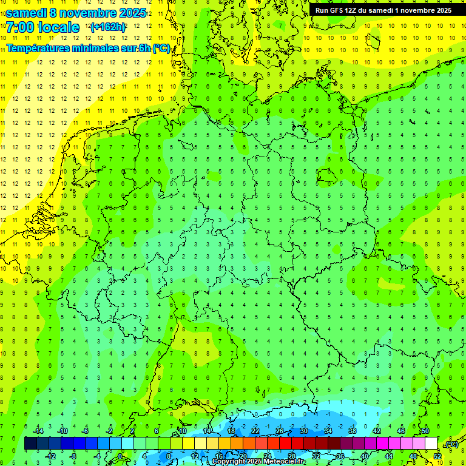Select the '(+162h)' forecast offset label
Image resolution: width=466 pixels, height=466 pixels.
coord(108,27)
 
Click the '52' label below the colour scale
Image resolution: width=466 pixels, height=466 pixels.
coord(437,456)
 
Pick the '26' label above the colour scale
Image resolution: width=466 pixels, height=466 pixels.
coord(280,431)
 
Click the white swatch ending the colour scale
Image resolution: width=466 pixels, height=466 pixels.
coord(431,444)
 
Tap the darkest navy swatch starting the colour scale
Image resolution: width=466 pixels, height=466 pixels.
coord(31,444)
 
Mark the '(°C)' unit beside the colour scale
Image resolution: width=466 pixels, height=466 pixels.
coord(451,444)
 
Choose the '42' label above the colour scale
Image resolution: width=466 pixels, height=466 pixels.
coord(377,431)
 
